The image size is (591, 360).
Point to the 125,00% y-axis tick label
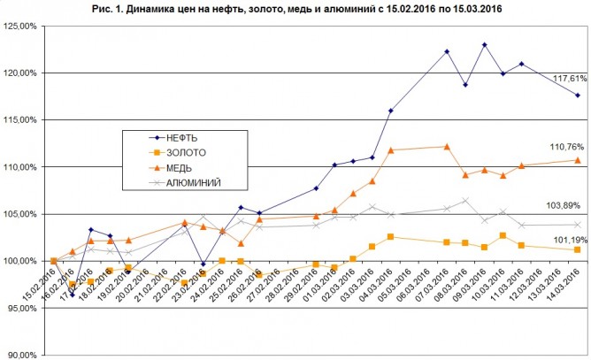[20, 26]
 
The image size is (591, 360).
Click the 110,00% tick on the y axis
[20, 167]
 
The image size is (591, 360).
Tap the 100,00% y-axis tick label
[20, 262]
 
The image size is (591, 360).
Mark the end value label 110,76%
[564, 146]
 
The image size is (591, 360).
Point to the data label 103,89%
[564, 205]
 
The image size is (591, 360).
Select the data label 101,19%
[564, 238]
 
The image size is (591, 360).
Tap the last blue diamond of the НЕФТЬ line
[578, 96]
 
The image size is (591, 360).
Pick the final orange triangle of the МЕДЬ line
[578, 160]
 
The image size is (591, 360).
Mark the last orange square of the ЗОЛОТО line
[578, 249]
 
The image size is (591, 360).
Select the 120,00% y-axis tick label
[20, 73]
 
